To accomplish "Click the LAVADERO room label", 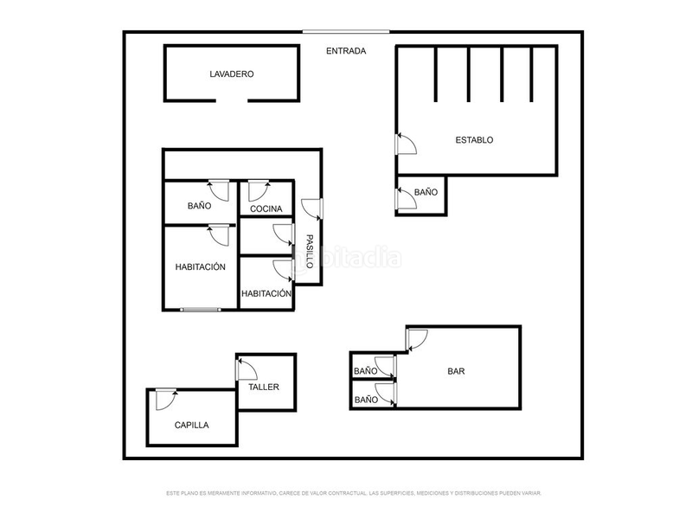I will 231,74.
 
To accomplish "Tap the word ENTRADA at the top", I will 346,51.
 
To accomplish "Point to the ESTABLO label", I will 474,139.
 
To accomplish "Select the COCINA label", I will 266,209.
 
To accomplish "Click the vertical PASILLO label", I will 309,251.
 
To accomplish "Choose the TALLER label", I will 264,387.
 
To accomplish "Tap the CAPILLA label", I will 191,425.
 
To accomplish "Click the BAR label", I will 456,372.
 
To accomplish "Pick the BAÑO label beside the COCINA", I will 200,207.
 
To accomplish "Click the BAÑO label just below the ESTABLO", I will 426,192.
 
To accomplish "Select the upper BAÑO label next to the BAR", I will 365,371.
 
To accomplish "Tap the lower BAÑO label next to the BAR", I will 365,400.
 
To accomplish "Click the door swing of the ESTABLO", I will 406,144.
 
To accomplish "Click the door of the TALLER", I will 247,370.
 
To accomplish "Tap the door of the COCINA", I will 259,189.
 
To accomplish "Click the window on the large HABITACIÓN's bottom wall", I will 201,309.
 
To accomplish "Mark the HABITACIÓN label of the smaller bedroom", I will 266,294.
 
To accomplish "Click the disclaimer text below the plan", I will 353,493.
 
